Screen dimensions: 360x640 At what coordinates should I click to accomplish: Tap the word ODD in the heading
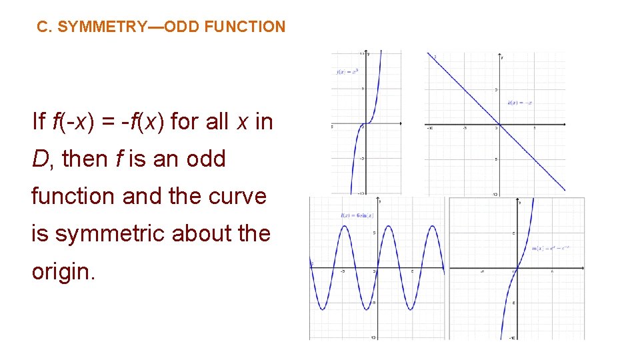[x=179, y=27]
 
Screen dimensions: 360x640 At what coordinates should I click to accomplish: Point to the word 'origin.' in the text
[x=63, y=271]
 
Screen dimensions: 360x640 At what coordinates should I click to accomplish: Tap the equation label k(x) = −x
[x=519, y=103]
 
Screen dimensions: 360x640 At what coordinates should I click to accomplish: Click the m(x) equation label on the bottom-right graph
[x=551, y=249]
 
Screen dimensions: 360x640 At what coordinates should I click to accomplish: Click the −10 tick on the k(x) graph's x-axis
[x=431, y=128]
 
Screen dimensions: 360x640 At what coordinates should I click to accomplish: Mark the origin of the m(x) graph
[x=517, y=268]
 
